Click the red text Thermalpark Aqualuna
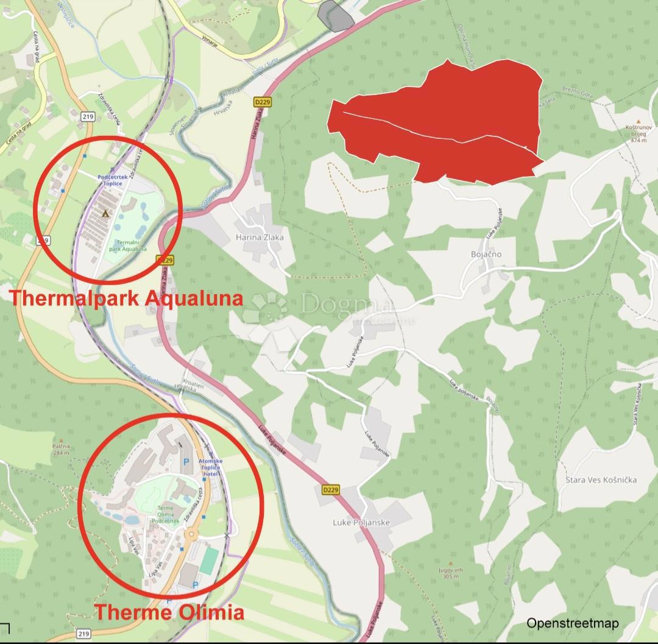[126, 298]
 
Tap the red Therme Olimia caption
[169, 612]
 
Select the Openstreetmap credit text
[573, 623]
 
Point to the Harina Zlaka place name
[260, 238]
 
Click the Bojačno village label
[486, 254]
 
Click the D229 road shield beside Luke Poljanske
[330, 489]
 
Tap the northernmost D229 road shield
[262, 102]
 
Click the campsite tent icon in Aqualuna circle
[105, 213]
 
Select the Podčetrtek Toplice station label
[110, 180]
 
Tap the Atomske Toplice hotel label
[211, 467]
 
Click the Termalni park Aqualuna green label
[125, 246]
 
